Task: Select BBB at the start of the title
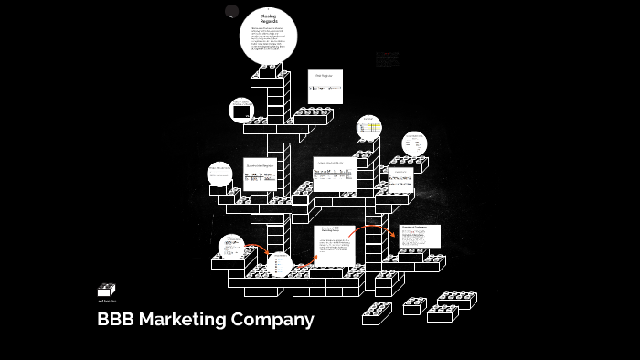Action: (x=116, y=320)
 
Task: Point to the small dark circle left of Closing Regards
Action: (x=231, y=12)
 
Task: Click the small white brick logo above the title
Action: (x=107, y=290)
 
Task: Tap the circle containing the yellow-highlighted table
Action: (x=369, y=129)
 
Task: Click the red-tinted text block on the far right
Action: (x=387, y=57)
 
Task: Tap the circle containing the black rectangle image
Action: (x=242, y=111)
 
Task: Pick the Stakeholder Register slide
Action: (x=260, y=173)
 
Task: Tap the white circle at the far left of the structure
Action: (x=219, y=174)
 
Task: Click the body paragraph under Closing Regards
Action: (x=268, y=42)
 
